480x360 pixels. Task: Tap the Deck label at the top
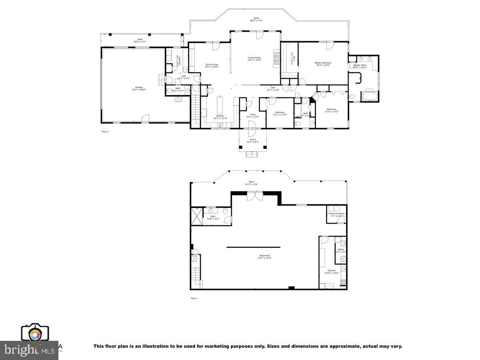256,19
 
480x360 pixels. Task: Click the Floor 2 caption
105,131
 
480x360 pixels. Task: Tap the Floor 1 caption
194,298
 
